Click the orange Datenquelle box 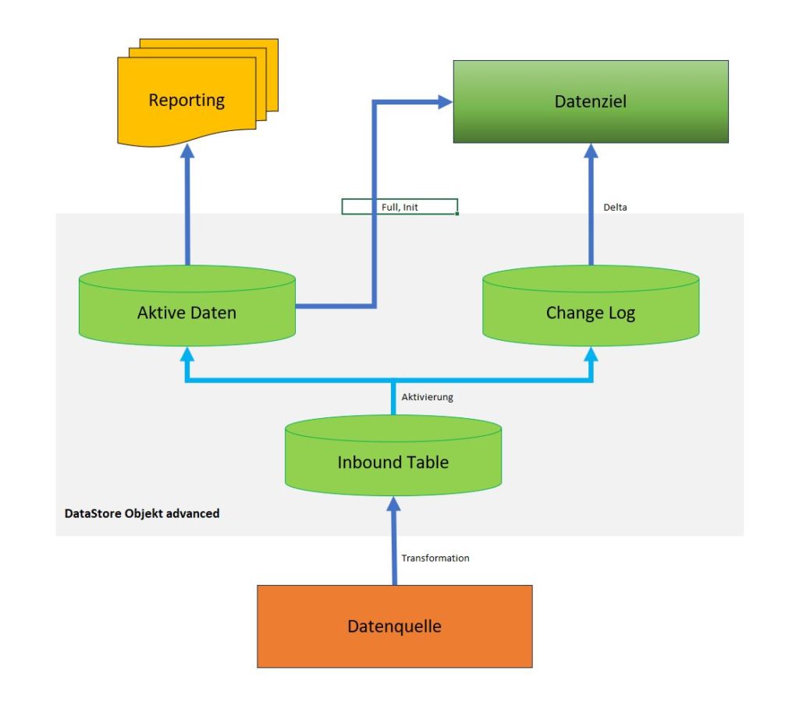click(394, 626)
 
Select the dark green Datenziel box click(591, 101)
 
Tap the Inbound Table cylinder click(393, 456)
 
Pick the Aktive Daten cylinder click(187, 306)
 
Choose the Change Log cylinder click(591, 306)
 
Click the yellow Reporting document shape click(197, 93)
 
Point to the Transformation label click(435, 558)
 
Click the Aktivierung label click(427, 397)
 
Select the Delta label click(615, 208)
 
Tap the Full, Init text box click(399, 207)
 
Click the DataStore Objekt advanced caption click(142, 513)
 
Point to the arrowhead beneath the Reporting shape click(187, 151)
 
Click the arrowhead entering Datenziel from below click(591, 151)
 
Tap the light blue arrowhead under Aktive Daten click(187, 354)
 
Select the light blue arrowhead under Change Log click(591, 354)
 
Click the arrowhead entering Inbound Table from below click(393, 504)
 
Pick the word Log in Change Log click(622, 313)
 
